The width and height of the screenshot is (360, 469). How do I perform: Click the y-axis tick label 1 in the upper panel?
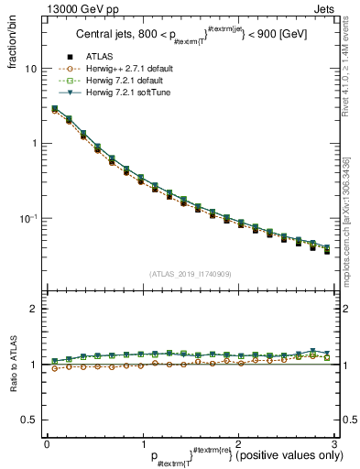coord(34,144)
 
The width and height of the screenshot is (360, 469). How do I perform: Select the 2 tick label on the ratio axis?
coord(34,310)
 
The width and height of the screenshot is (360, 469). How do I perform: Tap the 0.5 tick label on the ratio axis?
coord(30,420)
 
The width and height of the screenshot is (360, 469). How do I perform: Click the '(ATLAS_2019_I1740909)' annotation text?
coord(190,274)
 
